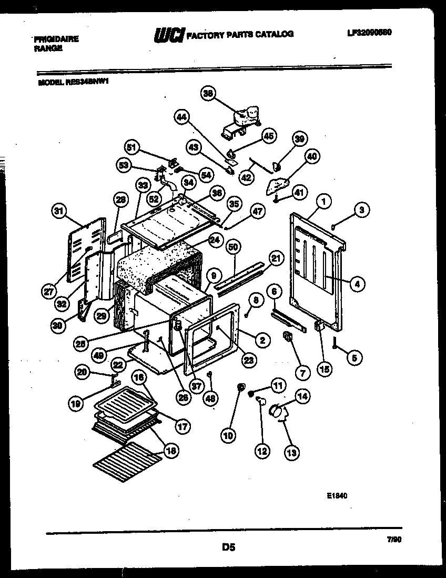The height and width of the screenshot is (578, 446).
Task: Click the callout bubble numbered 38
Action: [x=208, y=94]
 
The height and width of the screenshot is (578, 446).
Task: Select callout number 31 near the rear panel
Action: [x=59, y=212]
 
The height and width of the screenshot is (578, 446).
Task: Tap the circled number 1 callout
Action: [x=325, y=200]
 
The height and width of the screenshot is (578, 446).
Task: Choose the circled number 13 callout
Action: [x=290, y=451]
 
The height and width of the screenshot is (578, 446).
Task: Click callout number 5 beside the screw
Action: [x=354, y=358]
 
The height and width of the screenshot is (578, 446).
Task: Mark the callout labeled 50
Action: [x=234, y=246]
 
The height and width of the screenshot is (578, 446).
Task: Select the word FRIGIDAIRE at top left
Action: [x=56, y=39]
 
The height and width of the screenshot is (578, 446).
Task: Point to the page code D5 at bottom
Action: [x=228, y=547]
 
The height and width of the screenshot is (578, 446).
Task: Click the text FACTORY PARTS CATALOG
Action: [x=240, y=34]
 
